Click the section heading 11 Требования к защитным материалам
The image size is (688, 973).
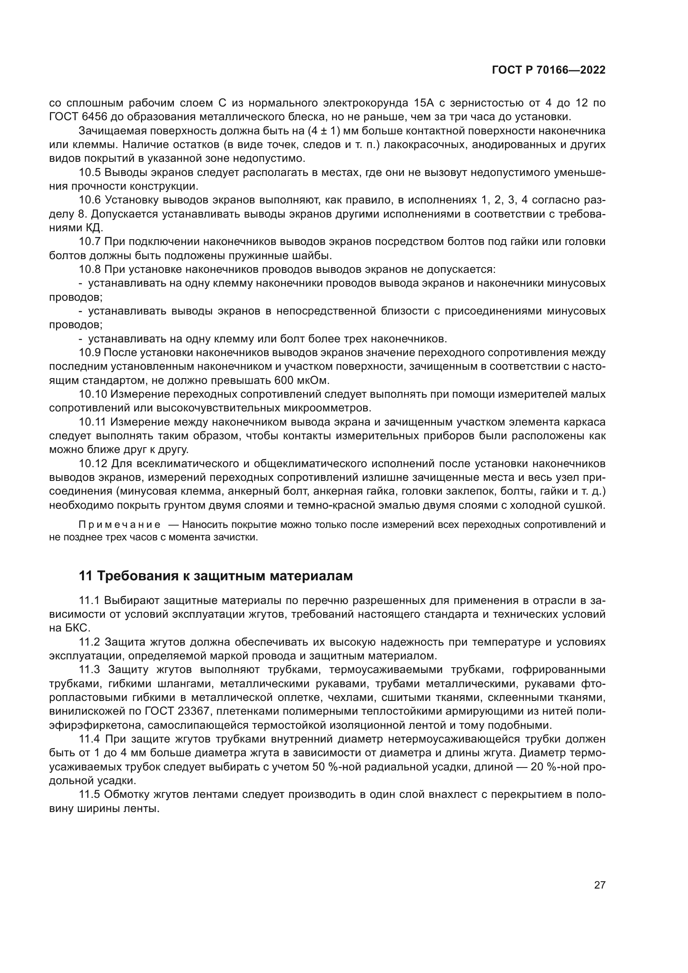[215, 576]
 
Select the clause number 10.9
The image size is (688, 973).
[89, 352]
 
